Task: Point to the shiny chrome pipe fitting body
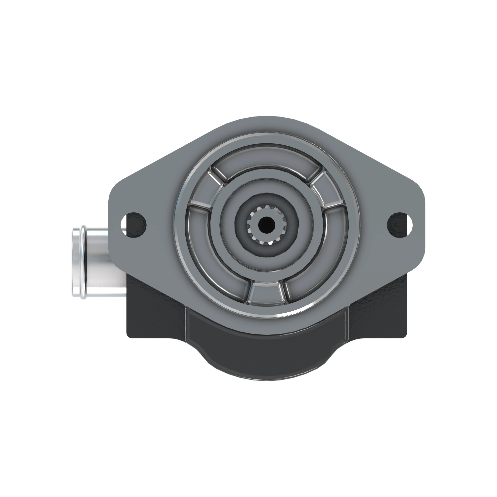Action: tap(103, 262)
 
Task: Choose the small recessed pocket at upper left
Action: tap(203, 189)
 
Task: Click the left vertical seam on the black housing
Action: tap(185, 324)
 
